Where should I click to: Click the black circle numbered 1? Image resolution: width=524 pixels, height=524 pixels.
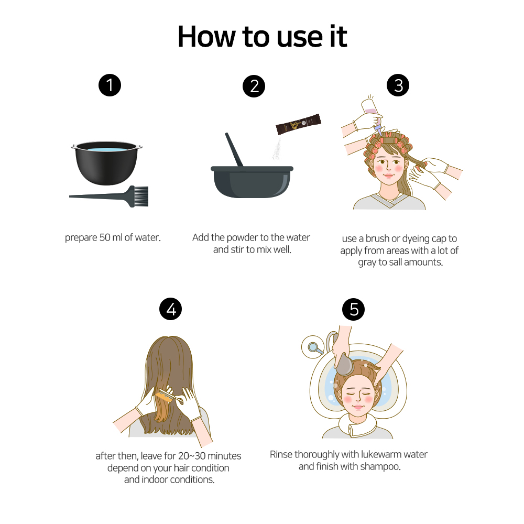pyautogui.click(x=110, y=85)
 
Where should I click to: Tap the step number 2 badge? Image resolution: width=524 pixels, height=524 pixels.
pyautogui.click(x=254, y=86)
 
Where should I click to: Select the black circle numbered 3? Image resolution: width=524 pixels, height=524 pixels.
pyautogui.click(x=398, y=85)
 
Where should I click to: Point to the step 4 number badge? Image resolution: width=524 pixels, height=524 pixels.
pyautogui.click(x=170, y=309)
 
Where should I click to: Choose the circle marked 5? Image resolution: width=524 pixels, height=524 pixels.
pyautogui.click(x=353, y=309)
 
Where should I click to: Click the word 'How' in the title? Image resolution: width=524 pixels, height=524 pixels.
pyautogui.click(x=206, y=37)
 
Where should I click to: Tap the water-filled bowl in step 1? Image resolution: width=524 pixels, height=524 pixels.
pyautogui.click(x=106, y=163)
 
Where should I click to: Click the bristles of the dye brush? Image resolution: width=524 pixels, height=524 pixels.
pyautogui.click(x=141, y=196)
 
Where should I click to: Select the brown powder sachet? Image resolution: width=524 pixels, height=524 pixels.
pyautogui.click(x=299, y=124)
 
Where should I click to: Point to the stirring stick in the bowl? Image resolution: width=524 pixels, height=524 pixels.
pyautogui.click(x=234, y=149)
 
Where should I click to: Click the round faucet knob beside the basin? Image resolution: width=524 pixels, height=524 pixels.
pyautogui.click(x=313, y=347)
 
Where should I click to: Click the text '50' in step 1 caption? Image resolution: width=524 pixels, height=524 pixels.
pyautogui.click(x=105, y=237)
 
